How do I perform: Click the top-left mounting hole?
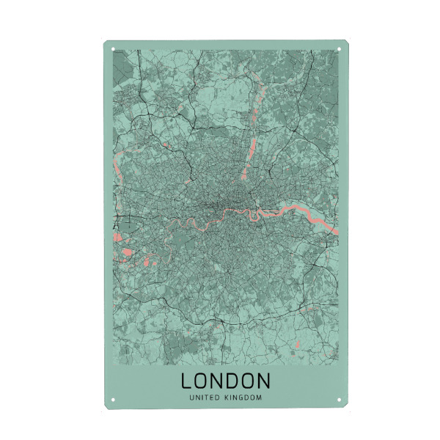click(x=114, y=50)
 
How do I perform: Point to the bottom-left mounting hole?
click(x=114, y=400)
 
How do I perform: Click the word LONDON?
click(x=225, y=381)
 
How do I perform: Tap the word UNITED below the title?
click(x=205, y=398)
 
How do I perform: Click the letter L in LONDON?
click(x=186, y=381)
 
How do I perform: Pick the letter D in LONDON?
click(x=232, y=381)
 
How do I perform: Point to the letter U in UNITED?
click(x=191, y=398)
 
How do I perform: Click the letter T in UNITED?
click(x=208, y=398)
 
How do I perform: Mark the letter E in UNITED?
click(x=214, y=398)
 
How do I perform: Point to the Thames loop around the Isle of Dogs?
click(x=257, y=216)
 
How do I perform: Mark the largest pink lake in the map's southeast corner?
click(x=297, y=345)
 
